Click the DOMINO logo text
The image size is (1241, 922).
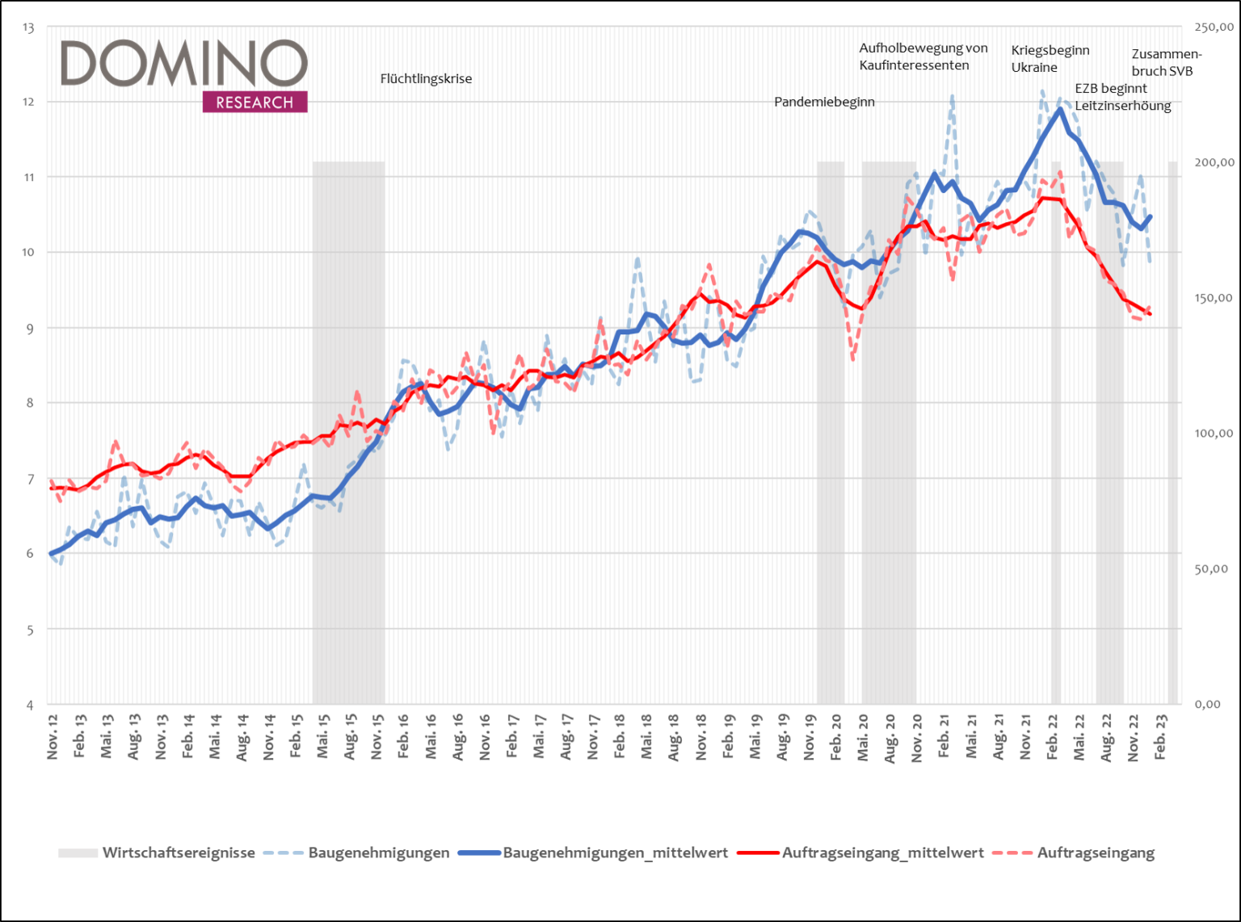[x=184, y=64]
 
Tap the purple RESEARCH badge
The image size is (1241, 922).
[x=255, y=103]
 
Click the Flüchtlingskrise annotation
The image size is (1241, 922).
[x=426, y=79]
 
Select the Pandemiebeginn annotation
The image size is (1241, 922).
[x=824, y=102]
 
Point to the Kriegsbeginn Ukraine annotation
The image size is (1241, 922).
[x=1050, y=59]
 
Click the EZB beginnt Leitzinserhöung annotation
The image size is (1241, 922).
[x=1122, y=97]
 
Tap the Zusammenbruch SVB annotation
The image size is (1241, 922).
[x=1166, y=62]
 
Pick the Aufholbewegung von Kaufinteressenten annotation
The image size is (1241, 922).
[x=923, y=57]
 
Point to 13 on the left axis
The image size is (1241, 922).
[x=29, y=27]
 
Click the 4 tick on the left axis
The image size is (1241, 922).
[x=30, y=705]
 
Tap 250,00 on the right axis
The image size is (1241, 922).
[x=1214, y=27]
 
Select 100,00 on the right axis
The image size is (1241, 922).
[x=1214, y=434]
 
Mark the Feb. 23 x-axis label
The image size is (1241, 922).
[x=1161, y=736]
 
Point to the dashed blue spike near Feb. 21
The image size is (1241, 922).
[x=953, y=97]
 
